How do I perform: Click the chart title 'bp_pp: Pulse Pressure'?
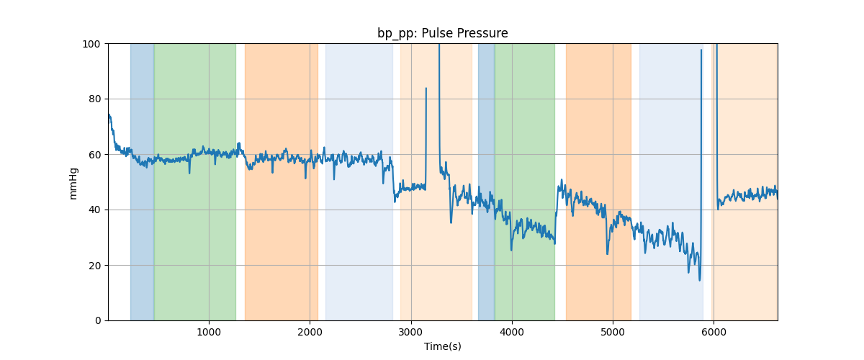[442, 33]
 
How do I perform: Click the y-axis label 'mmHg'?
[73, 182]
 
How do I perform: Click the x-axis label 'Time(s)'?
[442, 346]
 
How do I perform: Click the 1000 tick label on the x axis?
[209, 333]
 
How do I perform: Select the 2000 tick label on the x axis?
[310, 333]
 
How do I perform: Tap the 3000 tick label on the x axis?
[411, 333]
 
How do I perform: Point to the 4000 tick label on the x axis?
[512, 333]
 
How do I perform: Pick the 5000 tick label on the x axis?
[613, 333]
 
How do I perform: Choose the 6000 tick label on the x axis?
[714, 333]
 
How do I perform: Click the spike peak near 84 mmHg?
[426, 89]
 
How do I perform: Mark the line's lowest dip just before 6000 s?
[699, 280]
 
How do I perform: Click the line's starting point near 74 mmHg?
[109, 114]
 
